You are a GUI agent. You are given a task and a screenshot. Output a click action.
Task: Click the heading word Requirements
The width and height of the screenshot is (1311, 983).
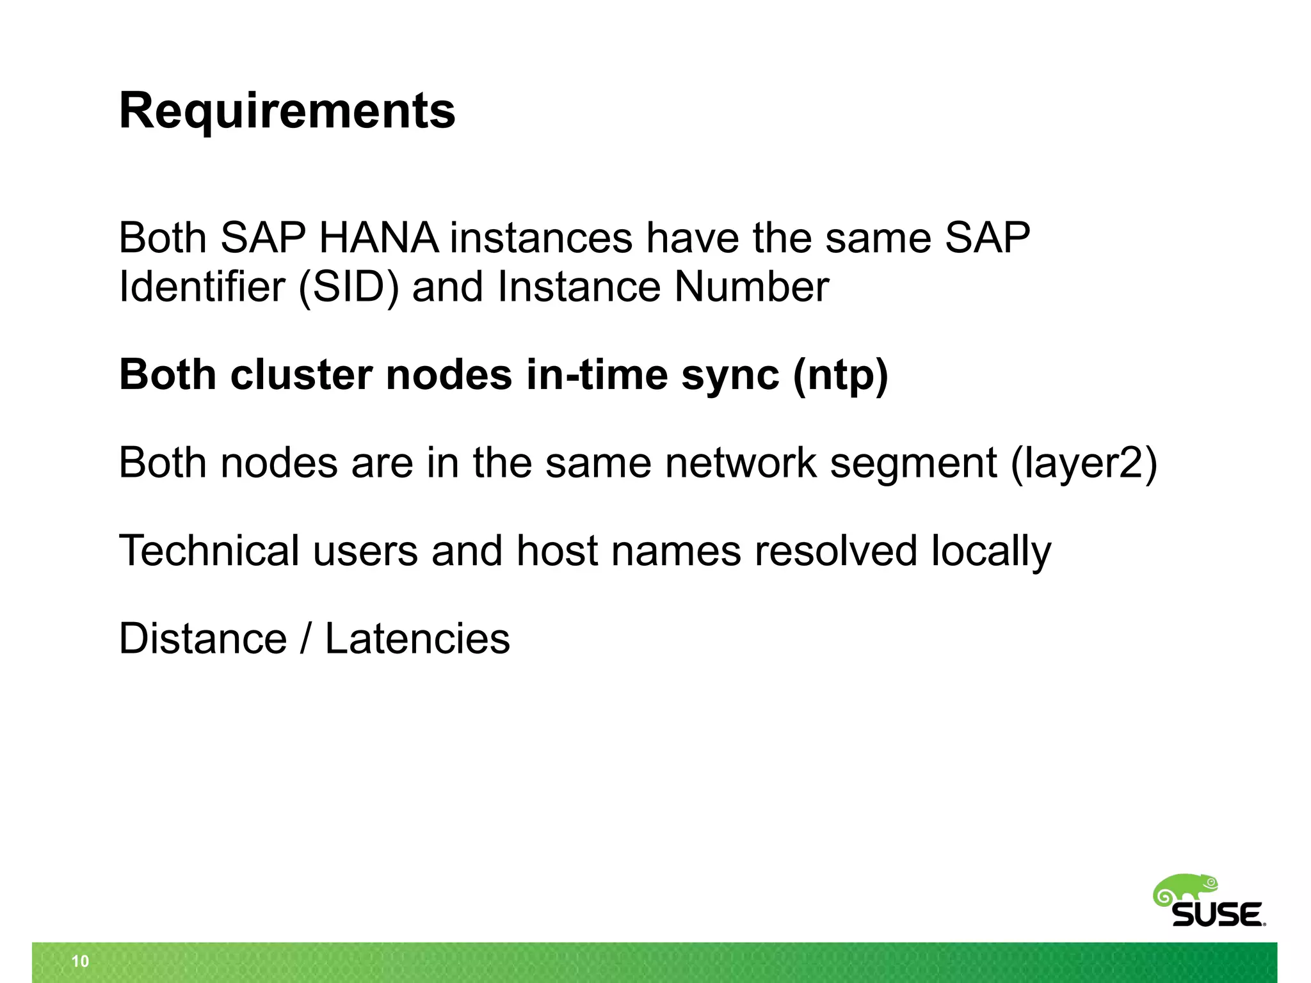click(287, 111)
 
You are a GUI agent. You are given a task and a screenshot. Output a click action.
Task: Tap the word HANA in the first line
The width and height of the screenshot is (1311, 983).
click(378, 238)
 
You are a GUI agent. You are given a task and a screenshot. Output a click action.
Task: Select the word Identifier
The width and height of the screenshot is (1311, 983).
click(202, 287)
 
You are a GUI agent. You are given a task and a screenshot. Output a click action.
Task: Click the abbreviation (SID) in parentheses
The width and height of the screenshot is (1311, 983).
click(349, 287)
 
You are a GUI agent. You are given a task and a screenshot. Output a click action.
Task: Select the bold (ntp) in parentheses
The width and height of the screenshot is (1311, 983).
click(840, 376)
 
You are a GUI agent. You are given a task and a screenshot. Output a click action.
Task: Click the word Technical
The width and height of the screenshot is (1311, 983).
click(209, 550)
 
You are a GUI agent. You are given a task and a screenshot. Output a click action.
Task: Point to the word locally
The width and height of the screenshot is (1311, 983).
click(990, 552)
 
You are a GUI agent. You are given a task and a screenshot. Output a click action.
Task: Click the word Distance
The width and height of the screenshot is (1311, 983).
click(203, 639)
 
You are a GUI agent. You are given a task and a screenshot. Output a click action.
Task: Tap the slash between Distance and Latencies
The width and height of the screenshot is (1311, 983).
click(306, 639)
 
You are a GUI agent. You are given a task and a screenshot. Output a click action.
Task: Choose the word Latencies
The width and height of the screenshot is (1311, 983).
click(417, 639)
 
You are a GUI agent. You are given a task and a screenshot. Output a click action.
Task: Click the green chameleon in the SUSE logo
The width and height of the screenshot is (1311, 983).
click(1186, 890)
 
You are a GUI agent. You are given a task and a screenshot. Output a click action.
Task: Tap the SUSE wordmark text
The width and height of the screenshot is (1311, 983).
click(1217, 915)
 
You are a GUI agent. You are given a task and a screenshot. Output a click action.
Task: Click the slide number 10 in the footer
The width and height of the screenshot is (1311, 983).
click(81, 961)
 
